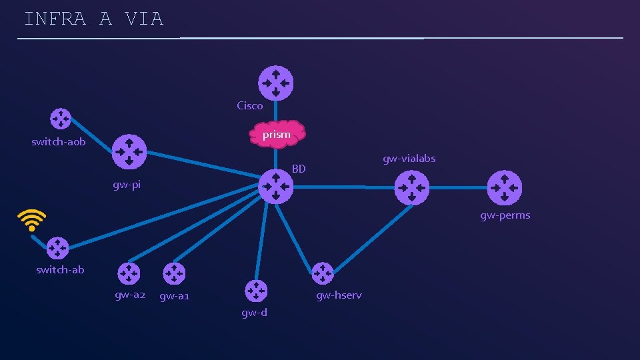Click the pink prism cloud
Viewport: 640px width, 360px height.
(x=277, y=134)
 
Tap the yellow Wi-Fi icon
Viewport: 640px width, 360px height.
(x=32, y=219)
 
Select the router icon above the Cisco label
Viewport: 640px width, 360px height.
(x=275, y=83)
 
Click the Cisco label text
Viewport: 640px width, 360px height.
(x=250, y=105)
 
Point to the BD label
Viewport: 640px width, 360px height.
(x=299, y=169)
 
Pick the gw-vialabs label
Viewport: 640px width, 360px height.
(x=409, y=159)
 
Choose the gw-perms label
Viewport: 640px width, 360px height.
(x=505, y=215)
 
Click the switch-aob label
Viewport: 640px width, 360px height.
(x=59, y=142)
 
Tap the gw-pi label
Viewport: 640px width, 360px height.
(x=127, y=185)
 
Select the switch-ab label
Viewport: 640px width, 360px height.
(x=60, y=270)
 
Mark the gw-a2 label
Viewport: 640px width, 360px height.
(x=130, y=295)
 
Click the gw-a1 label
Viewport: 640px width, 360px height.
(x=175, y=296)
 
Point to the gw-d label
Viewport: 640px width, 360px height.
(x=254, y=312)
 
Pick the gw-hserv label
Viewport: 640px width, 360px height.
(x=339, y=295)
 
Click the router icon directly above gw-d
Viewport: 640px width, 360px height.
(x=255, y=290)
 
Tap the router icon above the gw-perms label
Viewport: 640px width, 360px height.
(x=505, y=187)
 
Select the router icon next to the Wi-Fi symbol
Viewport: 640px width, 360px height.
(x=57, y=247)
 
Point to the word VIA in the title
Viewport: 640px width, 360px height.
(x=143, y=19)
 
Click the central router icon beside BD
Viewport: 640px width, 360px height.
(x=275, y=186)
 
